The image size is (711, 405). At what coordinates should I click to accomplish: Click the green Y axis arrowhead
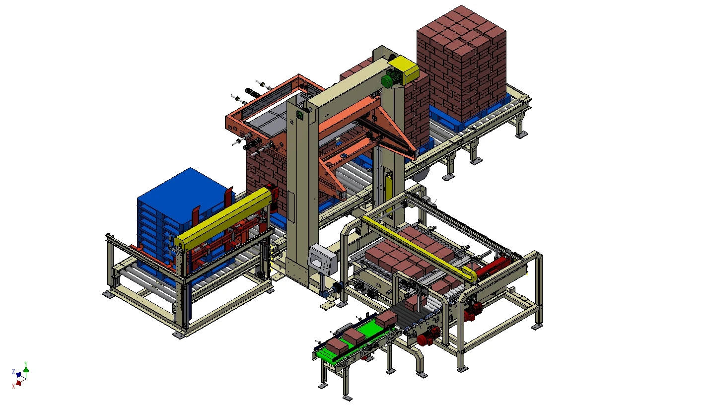point(26,369)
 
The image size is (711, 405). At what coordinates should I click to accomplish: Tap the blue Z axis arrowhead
point(18,374)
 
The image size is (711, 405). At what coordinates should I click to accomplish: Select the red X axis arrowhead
point(18,383)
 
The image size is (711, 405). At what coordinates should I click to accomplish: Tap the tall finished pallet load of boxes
point(462,65)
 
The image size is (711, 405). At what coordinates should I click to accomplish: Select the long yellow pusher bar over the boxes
point(417,243)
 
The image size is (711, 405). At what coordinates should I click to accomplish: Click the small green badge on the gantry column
point(300,115)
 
